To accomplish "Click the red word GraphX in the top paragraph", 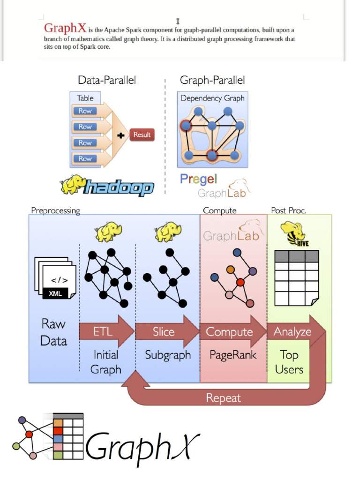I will click(x=65, y=28).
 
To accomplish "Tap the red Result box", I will click(x=142, y=135).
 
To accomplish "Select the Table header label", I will click(x=85, y=98).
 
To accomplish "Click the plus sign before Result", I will click(x=121, y=135).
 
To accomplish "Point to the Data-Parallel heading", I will click(x=107, y=80).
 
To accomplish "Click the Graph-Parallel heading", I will click(x=212, y=80).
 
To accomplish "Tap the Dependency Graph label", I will click(x=212, y=98).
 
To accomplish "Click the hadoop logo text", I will click(x=118, y=188).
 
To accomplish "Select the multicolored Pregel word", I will click(x=198, y=179).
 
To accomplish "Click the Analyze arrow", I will click(x=293, y=332).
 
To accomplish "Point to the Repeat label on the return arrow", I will click(x=223, y=398).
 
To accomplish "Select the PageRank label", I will click(x=233, y=355).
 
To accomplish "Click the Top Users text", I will click(x=289, y=362).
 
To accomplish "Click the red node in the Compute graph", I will click(x=240, y=282).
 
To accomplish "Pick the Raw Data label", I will click(x=53, y=332).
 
